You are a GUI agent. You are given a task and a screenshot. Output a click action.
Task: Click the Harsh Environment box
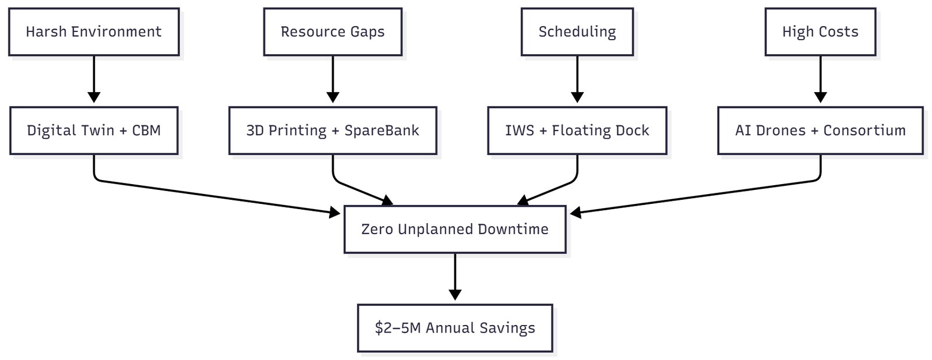coord(94,32)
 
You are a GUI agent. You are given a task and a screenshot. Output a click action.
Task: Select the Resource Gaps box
coord(333,32)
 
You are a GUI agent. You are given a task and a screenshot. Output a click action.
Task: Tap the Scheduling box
coord(577,32)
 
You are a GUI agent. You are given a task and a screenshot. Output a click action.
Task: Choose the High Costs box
coord(820,32)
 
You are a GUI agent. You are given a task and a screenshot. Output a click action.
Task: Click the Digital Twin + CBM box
coord(94,130)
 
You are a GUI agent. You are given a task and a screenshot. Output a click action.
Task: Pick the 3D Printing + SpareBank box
coord(333,130)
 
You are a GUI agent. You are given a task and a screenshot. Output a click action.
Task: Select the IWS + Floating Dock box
coord(577,130)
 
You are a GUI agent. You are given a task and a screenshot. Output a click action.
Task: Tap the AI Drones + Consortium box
coord(820,130)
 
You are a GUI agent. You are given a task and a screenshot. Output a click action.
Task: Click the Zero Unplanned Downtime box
coord(455,229)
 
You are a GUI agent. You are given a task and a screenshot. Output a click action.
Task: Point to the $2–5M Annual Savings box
coord(455,328)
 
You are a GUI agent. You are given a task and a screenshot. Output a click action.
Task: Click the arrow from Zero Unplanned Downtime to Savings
coord(455,277)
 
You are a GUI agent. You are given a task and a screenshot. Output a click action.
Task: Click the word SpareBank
coord(382,130)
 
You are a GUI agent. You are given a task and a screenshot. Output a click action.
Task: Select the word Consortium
coord(864,130)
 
